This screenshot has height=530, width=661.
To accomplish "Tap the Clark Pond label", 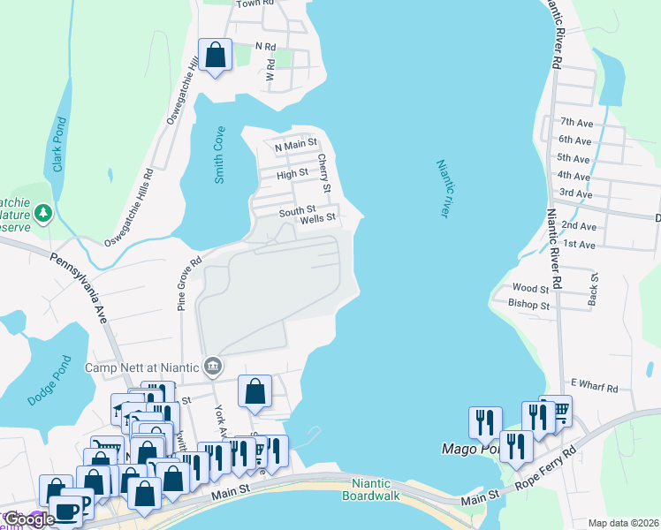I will pyautogui.click(x=58, y=146).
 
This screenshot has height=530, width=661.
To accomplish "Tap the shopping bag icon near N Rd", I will pyautogui.click(x=215, y=56).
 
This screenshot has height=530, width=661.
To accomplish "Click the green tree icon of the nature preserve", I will pyautogui.click(x=42, y=213).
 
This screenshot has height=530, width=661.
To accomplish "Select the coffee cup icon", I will pyautogui.click(x=67, y=510).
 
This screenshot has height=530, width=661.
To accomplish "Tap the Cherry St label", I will pyautogui.click(x=324, y=174).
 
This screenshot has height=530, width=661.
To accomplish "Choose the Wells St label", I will pyautogui.click(x=318, y=217).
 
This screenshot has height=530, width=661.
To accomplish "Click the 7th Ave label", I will pyautogui.click(x=574, y=123).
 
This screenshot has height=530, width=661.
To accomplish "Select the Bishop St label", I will pyautogui.click(x=528, y=305).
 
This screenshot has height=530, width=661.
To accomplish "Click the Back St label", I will pyautogui.click(x=595, y=289).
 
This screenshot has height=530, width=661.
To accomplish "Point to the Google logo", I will pyautogui.click(x=28, y=519).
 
